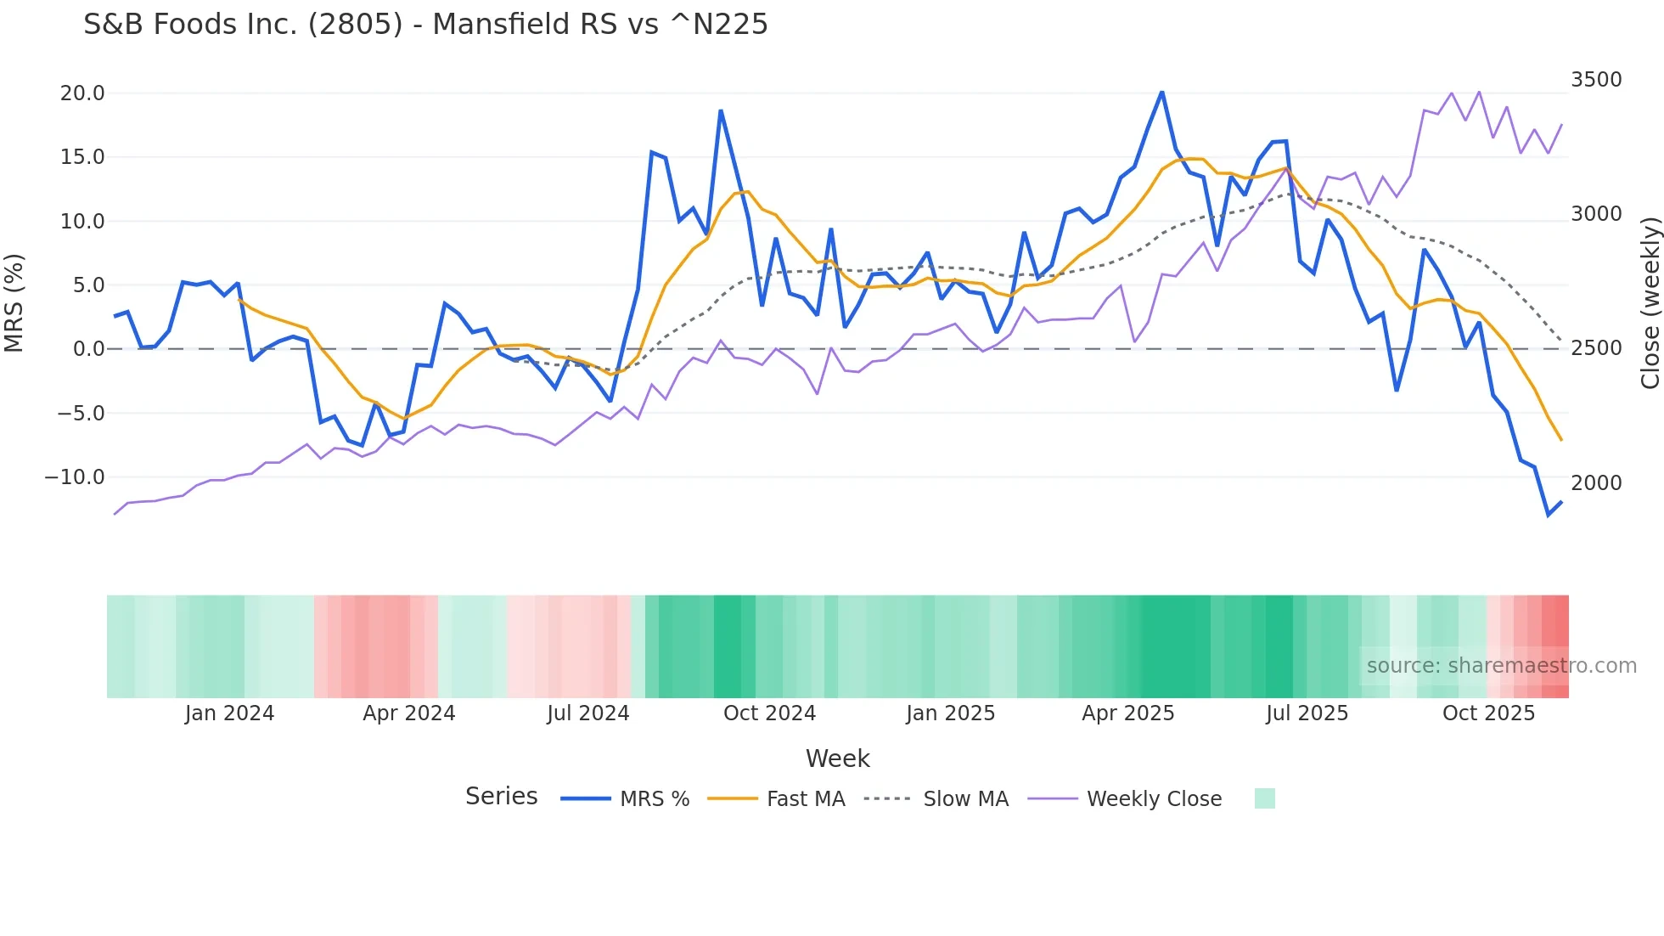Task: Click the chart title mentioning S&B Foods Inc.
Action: [x=425, y=25]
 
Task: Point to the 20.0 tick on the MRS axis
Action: [x=82, y=93]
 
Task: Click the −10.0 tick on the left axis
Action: [x=75, y=477]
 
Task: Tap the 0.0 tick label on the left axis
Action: [x=88, y=349]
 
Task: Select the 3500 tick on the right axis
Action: [x=1596, y=80]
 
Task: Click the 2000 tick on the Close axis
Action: [x=1596, y=483]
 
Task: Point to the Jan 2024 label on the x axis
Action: [x=229, y=713]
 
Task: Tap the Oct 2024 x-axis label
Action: [x=769, y=713]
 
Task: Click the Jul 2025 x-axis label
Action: [x=1307, y=713]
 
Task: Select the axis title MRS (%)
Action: [x=14, y=302]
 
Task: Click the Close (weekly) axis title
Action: [x=1650, y=302]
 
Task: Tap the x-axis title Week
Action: [x=837, y=758]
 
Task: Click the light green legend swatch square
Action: [x=1264, y=798]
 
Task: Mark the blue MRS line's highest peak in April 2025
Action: [x=1162, y=92]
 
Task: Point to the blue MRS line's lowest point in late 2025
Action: [x=1549, y=515]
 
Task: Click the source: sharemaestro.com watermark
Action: [x=1501, y=666]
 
